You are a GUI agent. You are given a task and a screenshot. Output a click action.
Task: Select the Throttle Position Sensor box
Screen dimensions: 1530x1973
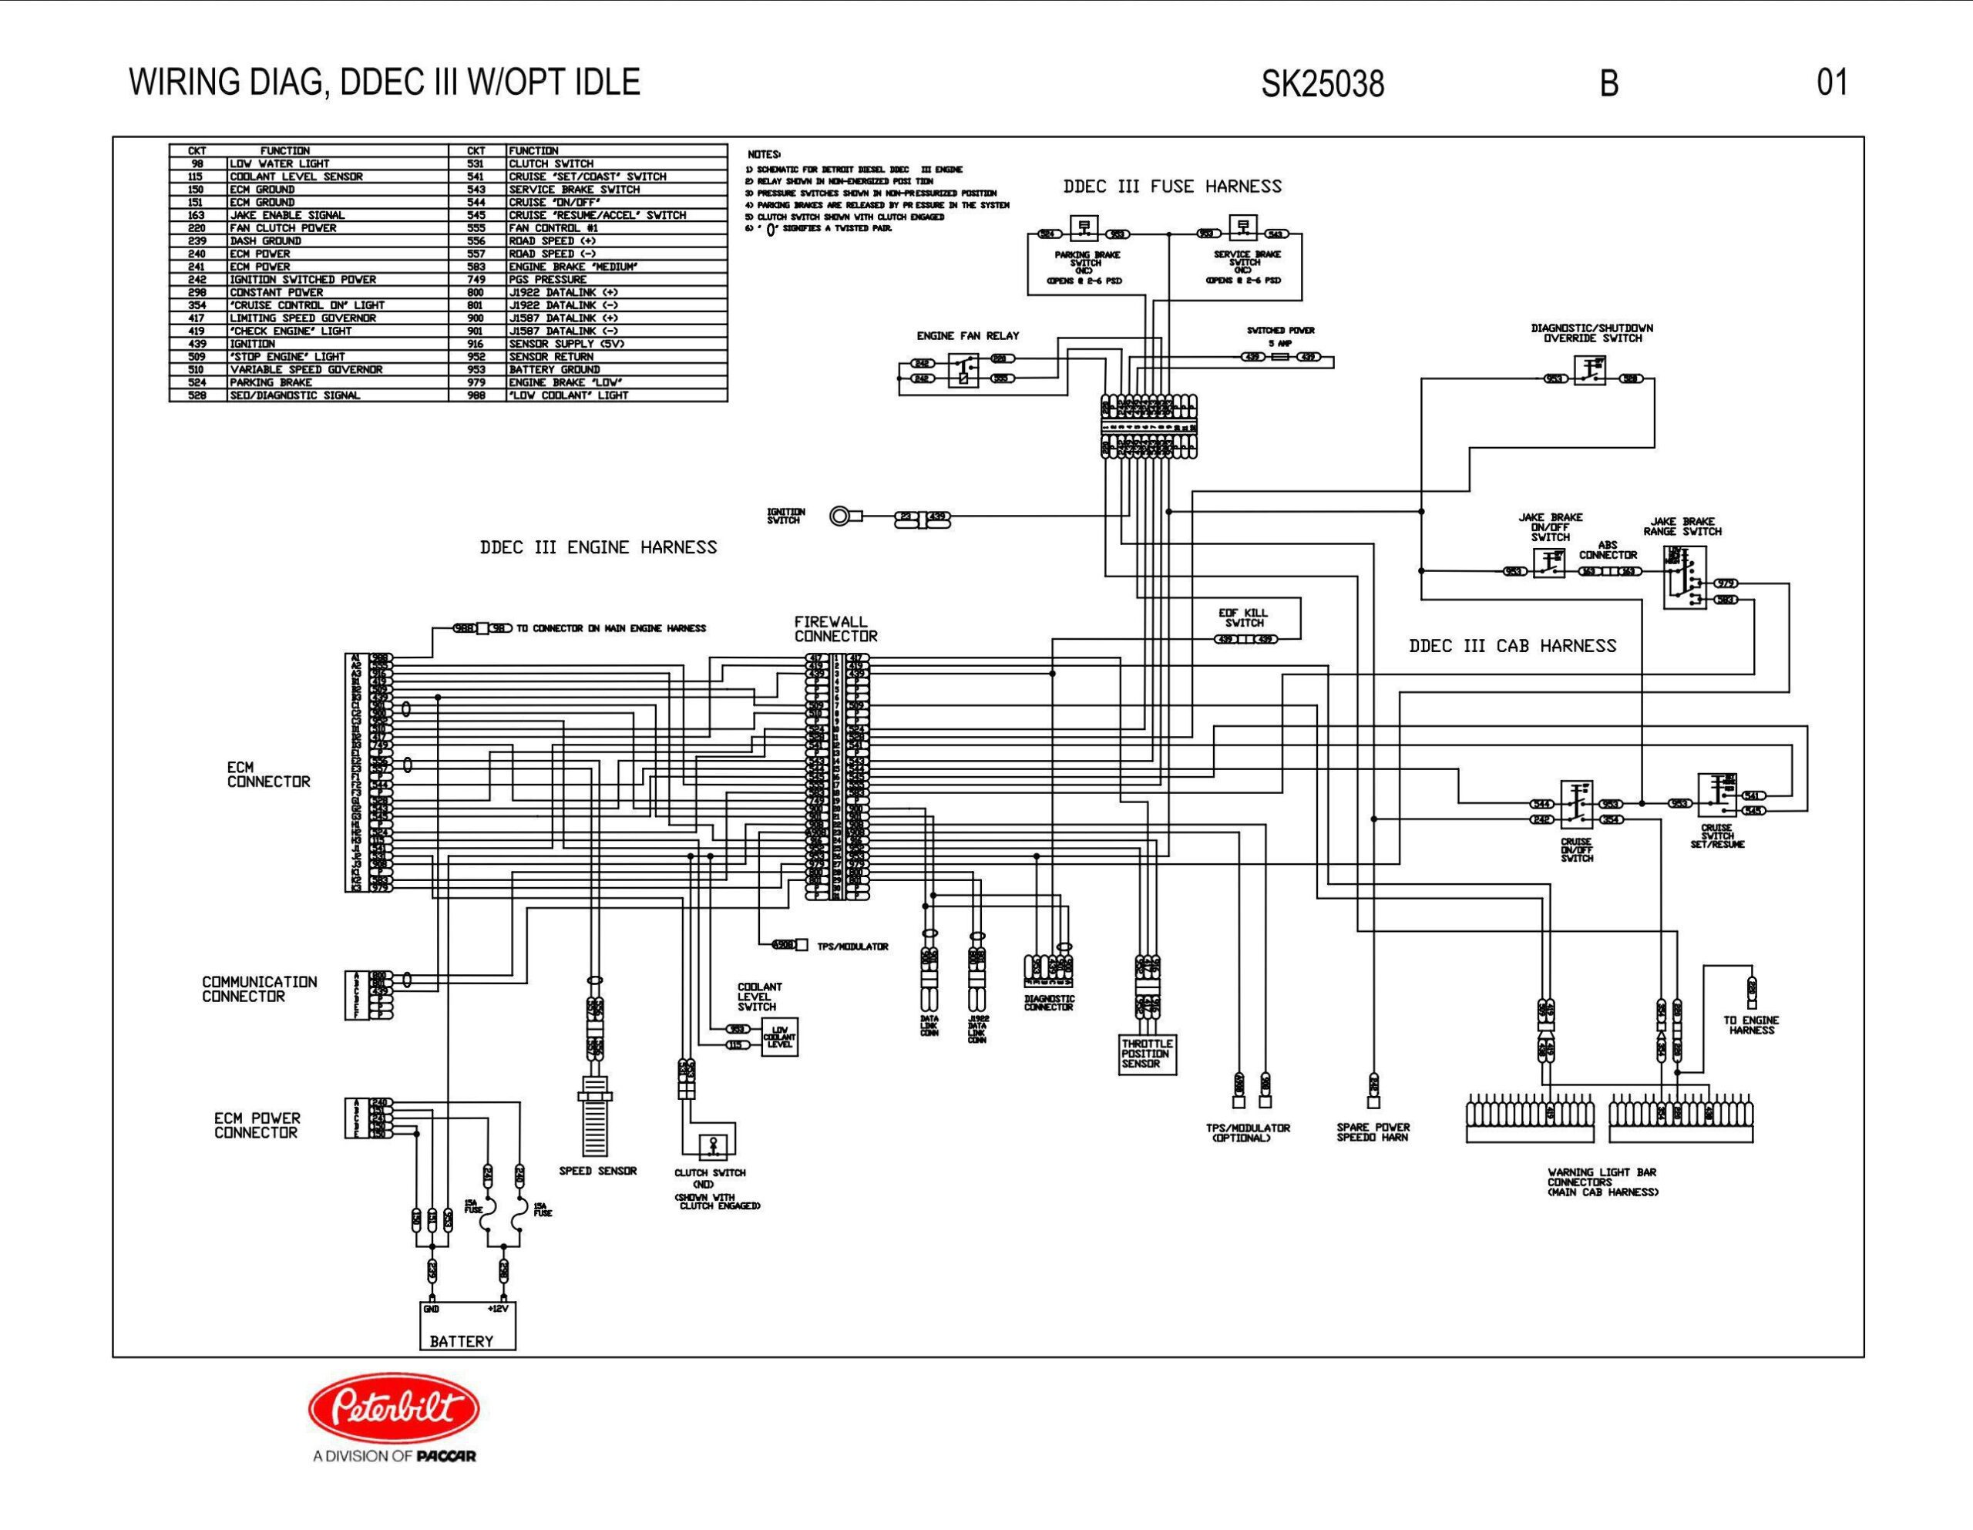[x=1148, y=1054]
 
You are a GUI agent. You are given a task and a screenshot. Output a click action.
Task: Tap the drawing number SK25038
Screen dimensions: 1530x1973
[x=1323, y=84]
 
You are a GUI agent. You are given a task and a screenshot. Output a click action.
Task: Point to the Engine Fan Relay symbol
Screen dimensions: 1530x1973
[x=963, y=370]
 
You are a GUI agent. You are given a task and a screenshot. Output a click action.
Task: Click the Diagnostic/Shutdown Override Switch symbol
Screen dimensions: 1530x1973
[x=1590, y=371]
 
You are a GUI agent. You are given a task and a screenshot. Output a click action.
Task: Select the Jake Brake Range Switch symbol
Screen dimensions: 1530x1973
[x=1684, y=577]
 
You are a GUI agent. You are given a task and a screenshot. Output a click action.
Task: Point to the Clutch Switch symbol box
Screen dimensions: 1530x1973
[x=711, y=1146]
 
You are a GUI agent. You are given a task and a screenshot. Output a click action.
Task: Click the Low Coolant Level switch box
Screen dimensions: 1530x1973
[x=778, y=1037]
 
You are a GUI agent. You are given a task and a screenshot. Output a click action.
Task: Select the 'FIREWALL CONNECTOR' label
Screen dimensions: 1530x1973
[x=835, y=629]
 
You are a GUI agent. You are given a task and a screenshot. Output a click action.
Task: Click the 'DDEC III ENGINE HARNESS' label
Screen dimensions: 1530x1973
[x=598, y=548]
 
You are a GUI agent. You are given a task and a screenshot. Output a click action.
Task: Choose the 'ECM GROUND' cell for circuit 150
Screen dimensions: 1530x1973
[x=262, y=190]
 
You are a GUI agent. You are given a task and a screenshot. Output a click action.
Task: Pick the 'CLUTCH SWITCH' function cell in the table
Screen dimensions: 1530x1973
[x=550, y=163]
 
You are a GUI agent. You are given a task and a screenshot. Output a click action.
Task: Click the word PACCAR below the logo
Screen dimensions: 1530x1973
[x=446, y=1456]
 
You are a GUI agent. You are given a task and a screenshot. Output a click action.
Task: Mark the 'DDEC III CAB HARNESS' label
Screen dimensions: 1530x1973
[x=1512, y=646]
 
